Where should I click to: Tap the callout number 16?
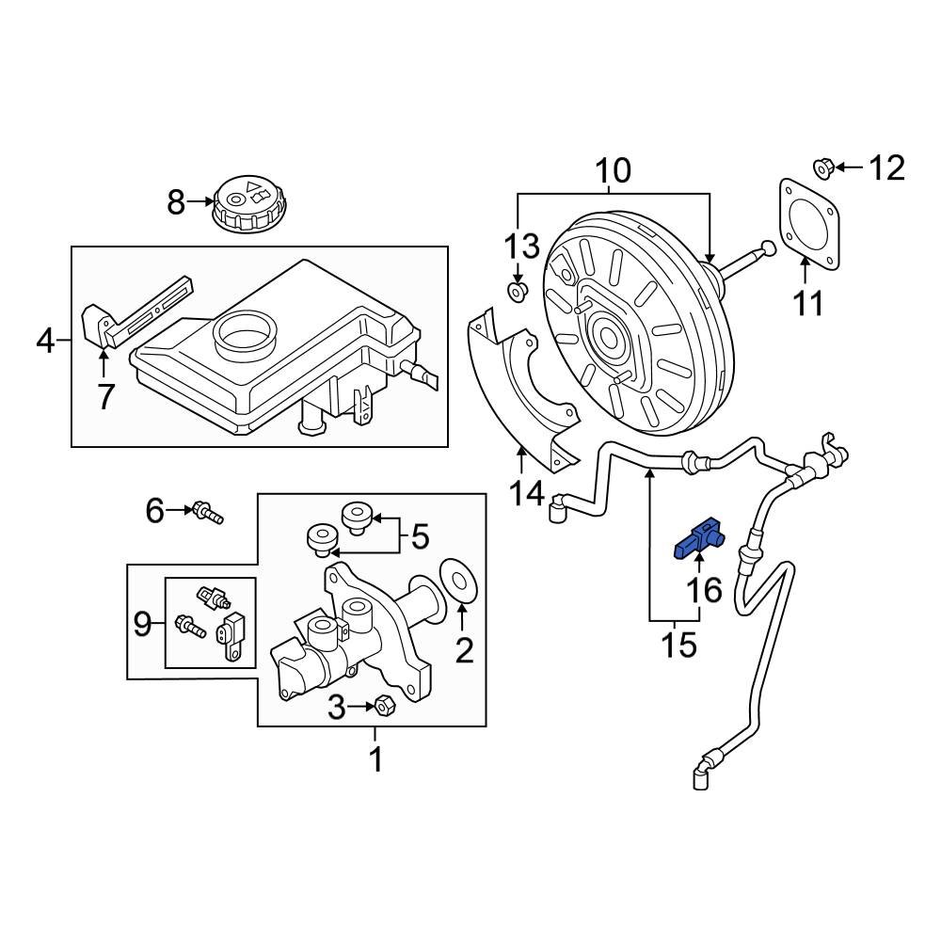coord(705,590)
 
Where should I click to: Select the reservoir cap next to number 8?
coord(247,203)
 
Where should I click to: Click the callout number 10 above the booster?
coord(612,171)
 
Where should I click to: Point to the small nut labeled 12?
coord(821,168)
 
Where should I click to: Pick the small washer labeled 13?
coord(517,293)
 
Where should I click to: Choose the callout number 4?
coord(45,340)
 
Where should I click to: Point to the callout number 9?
coord(142,623)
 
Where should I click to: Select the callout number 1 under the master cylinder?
coord(375,758)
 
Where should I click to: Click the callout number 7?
coord(105,396)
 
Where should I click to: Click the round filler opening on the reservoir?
coord(247,331)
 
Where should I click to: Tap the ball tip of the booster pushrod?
coord(769,248)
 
